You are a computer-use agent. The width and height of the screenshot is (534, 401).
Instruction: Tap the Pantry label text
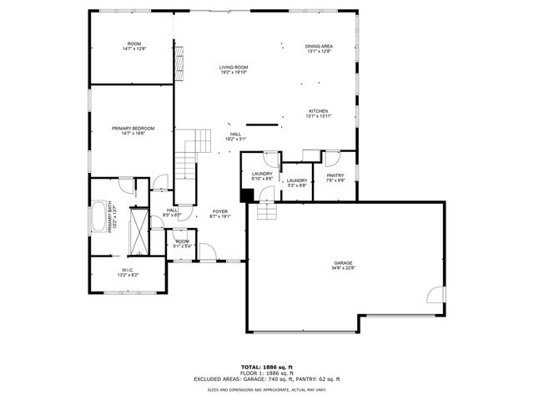point(335,177)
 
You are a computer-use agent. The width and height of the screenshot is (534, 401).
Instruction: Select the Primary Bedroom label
point(133,129)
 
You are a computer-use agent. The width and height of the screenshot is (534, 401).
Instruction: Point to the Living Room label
point(234,69)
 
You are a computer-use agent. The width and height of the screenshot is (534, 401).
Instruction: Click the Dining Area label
point(319,48)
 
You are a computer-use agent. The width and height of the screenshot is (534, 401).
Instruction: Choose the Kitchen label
point(319,113)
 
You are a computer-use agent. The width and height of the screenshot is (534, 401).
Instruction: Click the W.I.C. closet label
point(128,272)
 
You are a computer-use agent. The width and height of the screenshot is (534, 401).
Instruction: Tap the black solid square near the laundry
point(247,195)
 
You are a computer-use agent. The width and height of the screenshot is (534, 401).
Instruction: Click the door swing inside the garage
point(435,294)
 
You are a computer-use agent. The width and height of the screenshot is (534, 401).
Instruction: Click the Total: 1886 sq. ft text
point(267,367)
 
